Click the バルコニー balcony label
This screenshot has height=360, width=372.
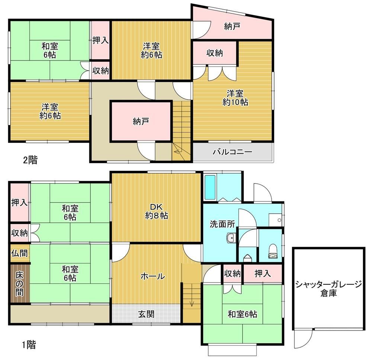232,152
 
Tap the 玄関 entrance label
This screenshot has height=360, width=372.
146,314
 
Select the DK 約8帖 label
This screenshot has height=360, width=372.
157,211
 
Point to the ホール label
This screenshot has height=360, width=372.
153,276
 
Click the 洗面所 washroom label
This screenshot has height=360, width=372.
222,224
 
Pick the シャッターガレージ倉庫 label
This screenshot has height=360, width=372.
328,289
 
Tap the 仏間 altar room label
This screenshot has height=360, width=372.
19,253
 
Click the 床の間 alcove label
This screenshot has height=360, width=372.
19,284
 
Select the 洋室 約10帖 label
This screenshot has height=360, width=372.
235,98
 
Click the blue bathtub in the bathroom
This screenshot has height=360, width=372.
210,187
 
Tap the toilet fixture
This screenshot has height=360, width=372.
273,251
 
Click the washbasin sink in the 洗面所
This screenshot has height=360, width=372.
230,238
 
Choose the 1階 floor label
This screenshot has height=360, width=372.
29,344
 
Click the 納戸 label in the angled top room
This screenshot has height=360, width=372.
232,26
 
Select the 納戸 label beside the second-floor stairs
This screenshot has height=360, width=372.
141,122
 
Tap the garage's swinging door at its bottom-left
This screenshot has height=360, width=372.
303,340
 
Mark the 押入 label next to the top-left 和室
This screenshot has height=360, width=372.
100,40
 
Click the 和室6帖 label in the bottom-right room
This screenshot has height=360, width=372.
242,314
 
